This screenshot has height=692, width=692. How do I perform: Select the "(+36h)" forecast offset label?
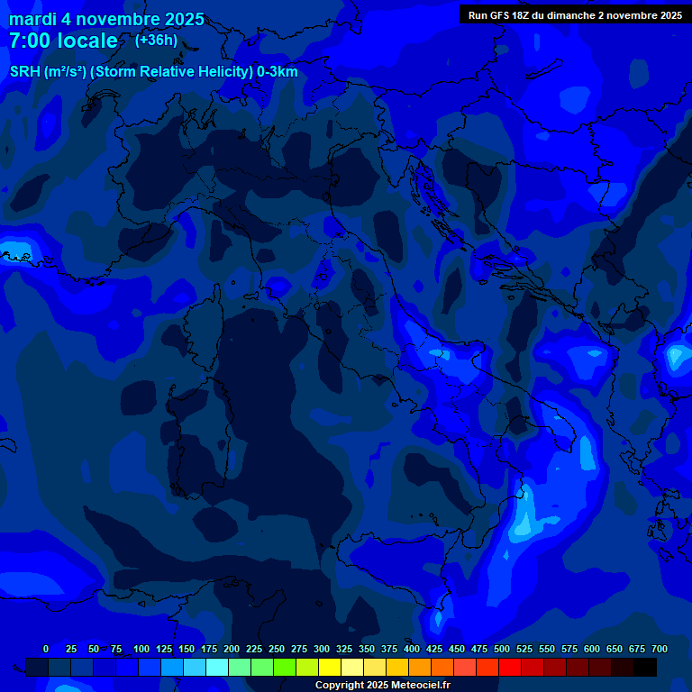tap(156, 40)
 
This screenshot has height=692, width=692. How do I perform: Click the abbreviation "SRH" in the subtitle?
tap(25, 72)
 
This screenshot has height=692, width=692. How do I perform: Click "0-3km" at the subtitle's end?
tap(277, 72)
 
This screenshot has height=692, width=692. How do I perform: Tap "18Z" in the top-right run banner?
tap(528, 15)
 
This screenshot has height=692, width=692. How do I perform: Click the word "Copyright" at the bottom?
tap(340, 685)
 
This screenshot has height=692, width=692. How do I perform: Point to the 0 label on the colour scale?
tap(46, 649)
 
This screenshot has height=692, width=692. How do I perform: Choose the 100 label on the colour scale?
tap(141, 649)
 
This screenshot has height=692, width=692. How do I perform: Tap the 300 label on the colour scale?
tap(322, 649)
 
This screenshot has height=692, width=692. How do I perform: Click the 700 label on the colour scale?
tap(660, 649)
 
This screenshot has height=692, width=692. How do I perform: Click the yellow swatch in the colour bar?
tap(330, 667)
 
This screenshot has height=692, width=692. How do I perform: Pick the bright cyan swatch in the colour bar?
tap(217, 667)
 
